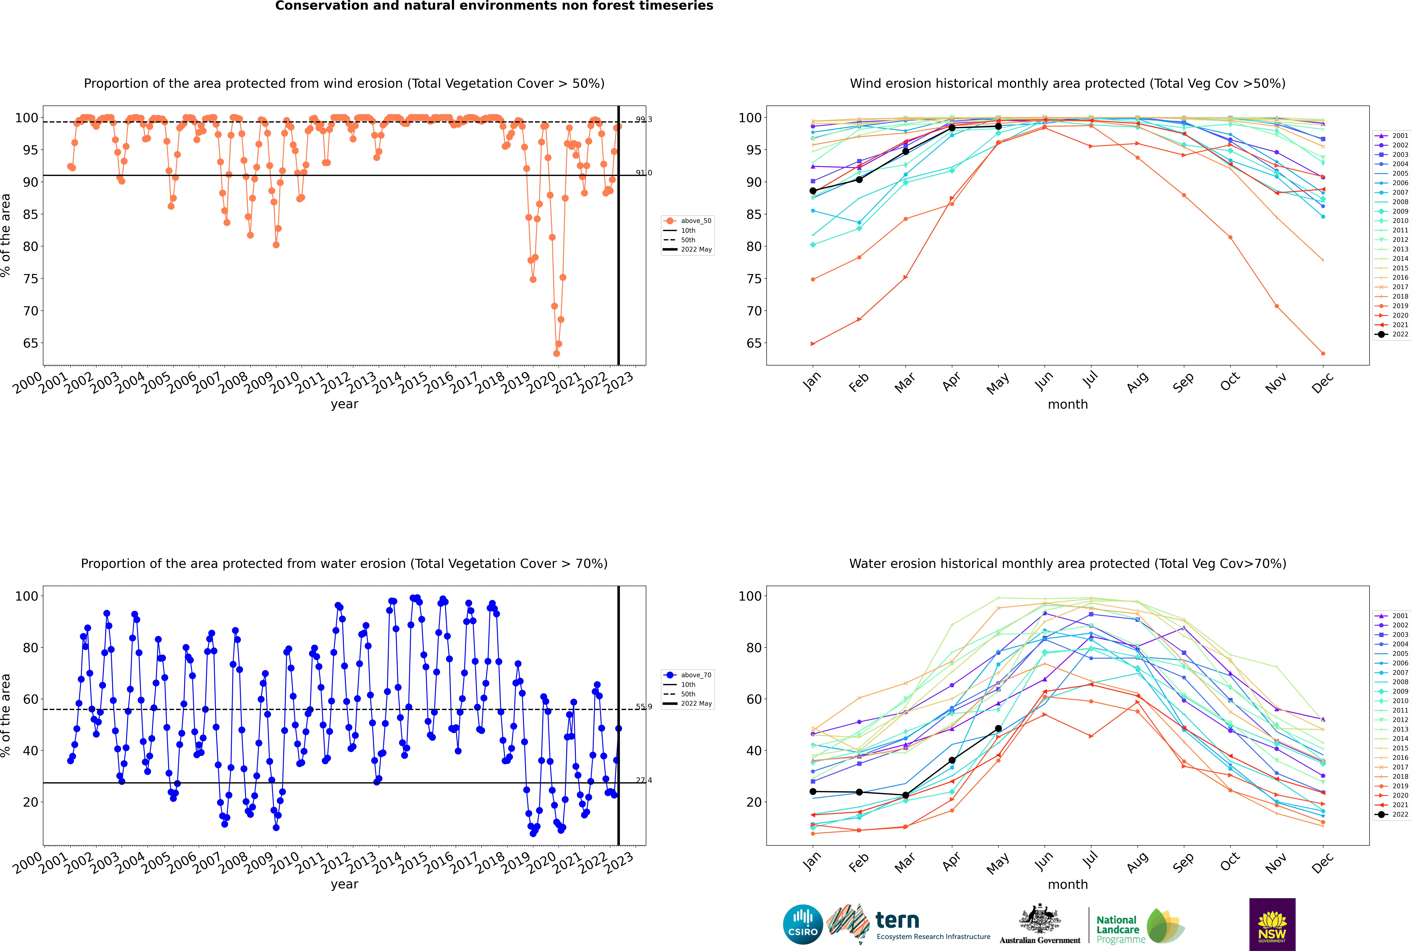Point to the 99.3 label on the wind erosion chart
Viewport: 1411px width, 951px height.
(644, 120)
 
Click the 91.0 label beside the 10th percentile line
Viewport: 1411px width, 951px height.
(644, 173)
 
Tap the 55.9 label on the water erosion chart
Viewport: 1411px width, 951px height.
(644, 707)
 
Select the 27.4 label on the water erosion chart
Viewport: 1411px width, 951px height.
(644, 781)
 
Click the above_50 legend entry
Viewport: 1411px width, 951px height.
(687, 221)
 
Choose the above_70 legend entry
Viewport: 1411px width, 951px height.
(687, 675)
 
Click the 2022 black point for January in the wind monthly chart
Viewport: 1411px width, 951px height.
(813, 191)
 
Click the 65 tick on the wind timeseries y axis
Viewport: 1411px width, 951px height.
(30, 343)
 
